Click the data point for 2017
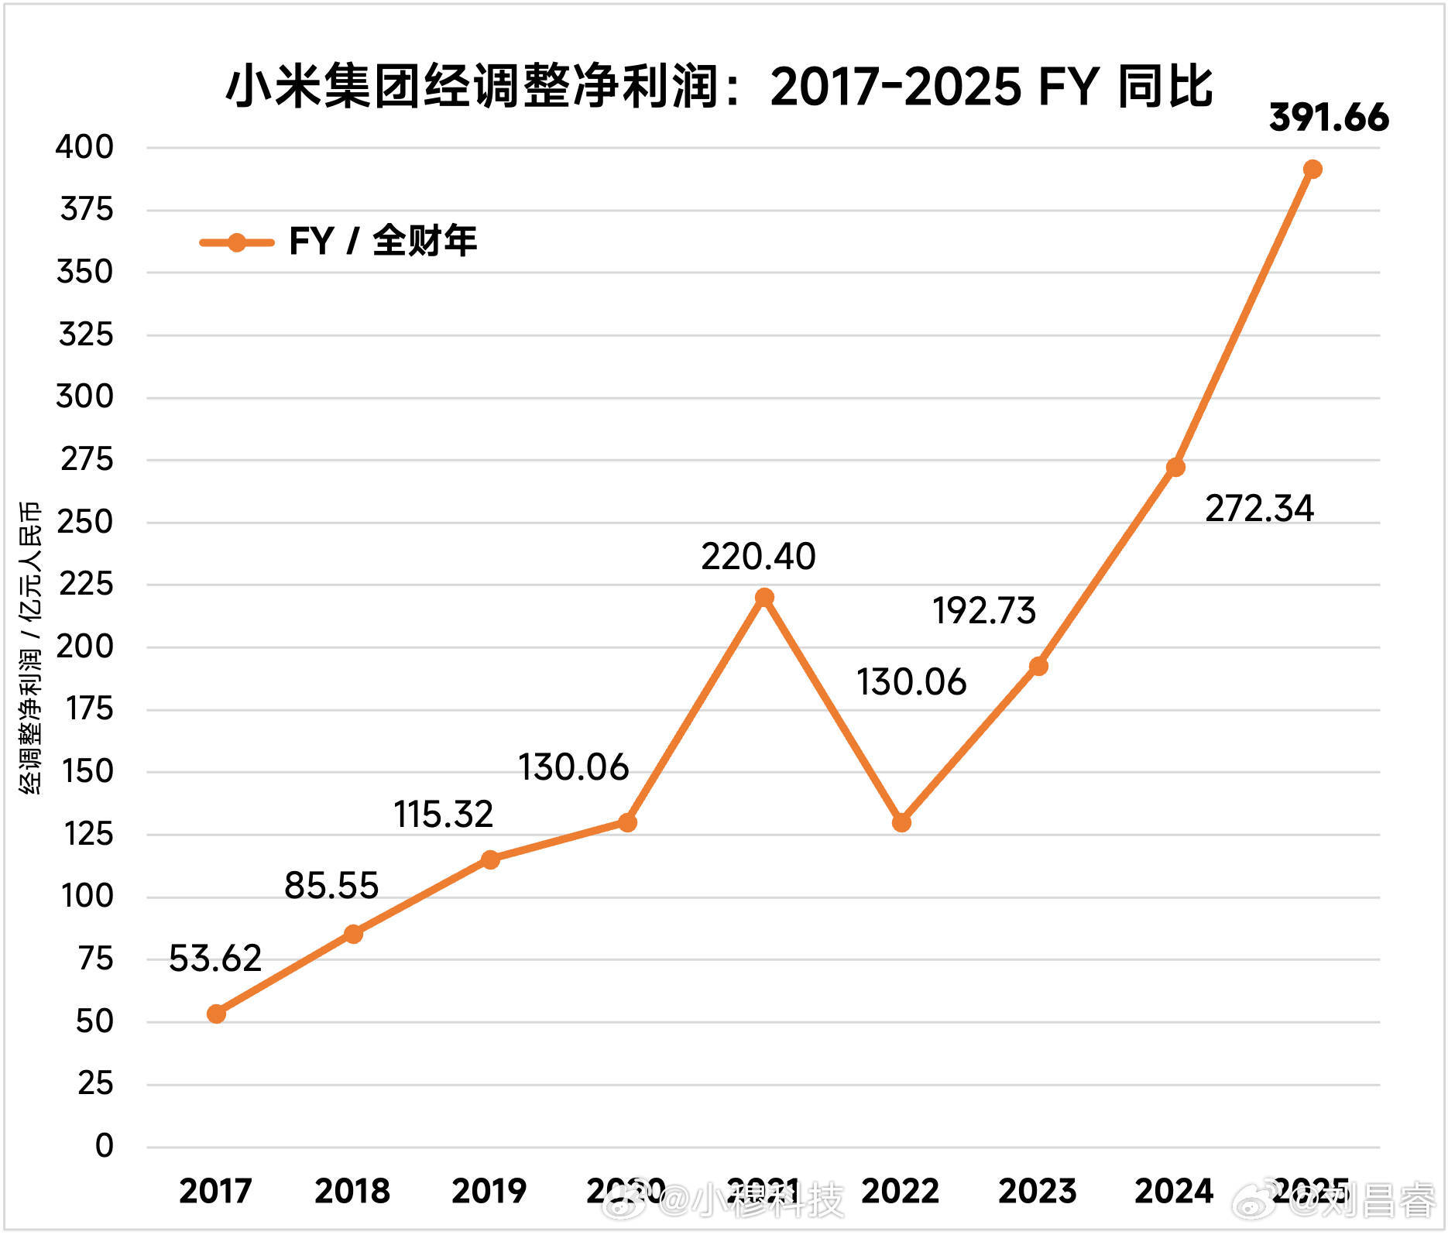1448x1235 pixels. (217, 1014)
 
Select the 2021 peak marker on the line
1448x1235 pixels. (764, 597)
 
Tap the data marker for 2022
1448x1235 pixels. (901, 822)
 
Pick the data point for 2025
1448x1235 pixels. (1312, 169)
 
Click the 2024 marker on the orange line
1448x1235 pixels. (1175, 467)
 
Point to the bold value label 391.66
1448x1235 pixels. (1329, 118)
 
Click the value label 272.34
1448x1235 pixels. (1259, 509)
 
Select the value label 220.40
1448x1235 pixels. (758, 557)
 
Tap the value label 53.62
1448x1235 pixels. (215, 959)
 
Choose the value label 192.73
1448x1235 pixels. (983, 611)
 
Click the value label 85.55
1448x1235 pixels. (331, 886)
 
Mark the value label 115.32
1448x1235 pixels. (443, 815)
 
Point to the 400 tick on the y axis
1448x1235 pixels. (84, 147)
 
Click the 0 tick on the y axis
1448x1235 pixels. (104, 1146)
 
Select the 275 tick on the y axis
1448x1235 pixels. (87, 460)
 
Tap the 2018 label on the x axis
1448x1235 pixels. (352, 1191)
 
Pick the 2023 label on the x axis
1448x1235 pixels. (1038, 1191)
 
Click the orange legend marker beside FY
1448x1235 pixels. (237, 242)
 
